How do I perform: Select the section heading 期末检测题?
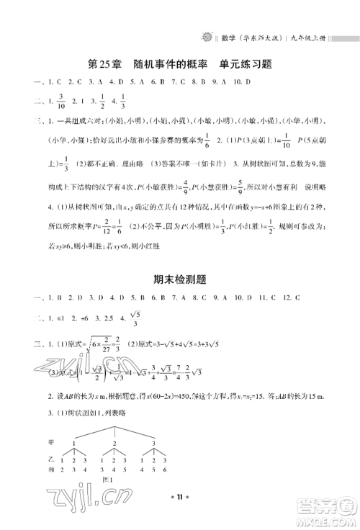179,279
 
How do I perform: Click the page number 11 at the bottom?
180,516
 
